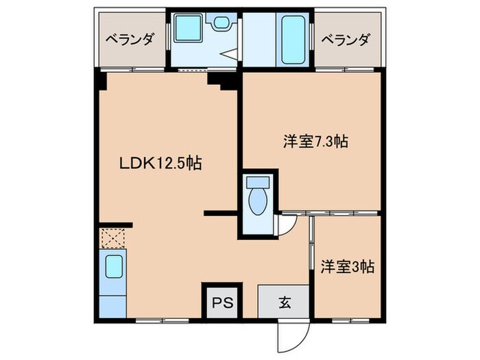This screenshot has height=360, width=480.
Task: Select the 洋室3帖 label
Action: (348, 266)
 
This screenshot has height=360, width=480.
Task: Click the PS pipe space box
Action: (220, 302)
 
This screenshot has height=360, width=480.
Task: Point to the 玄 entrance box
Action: (283, 302)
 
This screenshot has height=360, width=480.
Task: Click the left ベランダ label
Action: (128, 38)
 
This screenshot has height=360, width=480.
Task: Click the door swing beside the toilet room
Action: (286, 224)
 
